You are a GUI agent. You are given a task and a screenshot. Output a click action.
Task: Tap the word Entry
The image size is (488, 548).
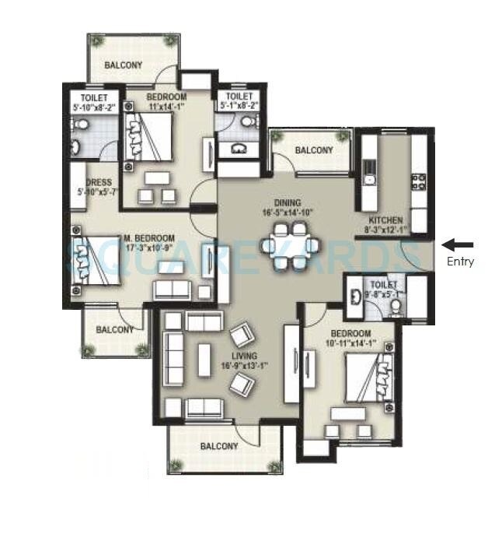[460, 262]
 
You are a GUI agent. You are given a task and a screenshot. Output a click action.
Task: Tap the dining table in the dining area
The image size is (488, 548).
[290, 246]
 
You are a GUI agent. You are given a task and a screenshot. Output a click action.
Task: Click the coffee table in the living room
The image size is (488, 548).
[204, 360]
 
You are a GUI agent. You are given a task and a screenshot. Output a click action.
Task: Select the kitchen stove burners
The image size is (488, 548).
[418, 182]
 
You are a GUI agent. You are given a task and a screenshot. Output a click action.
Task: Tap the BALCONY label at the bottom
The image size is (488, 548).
[218, 446]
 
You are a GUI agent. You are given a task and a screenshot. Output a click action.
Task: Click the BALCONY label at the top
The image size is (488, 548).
[124, 65]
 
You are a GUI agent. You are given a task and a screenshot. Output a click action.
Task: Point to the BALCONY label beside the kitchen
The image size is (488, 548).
[314, 150]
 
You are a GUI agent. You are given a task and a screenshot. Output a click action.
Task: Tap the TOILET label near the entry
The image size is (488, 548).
[384, 285]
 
